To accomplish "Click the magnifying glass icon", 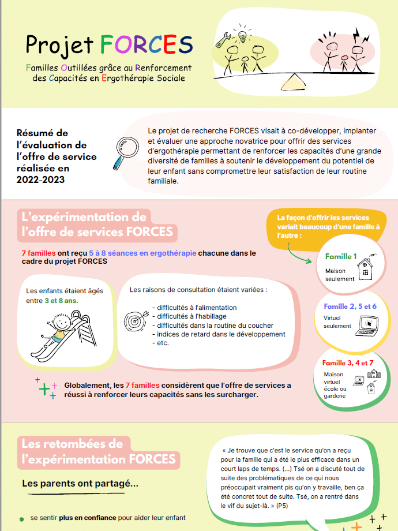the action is [x=126, y=152].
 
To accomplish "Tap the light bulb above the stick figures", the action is [x=242, y=36].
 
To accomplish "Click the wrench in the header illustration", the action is [x=223, y=40].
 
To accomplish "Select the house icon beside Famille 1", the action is [x=366, y=268].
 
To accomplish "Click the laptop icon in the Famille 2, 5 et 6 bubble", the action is [x=367, y=326].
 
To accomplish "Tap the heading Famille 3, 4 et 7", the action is [x=348, y=363].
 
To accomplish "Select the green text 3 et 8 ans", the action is [x=61, y=301].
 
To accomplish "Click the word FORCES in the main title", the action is [x=146, y=44].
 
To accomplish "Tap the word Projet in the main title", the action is [x=59, y=46].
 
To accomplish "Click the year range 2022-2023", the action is [x=40, y=180].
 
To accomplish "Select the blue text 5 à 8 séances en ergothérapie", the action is [x=142, y=253].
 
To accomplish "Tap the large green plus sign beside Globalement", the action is [x=44, y=390].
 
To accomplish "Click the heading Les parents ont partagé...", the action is [x=80, y=483].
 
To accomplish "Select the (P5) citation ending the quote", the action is [x=282, y=506].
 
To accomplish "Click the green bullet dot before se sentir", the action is [x=22, y=519].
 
